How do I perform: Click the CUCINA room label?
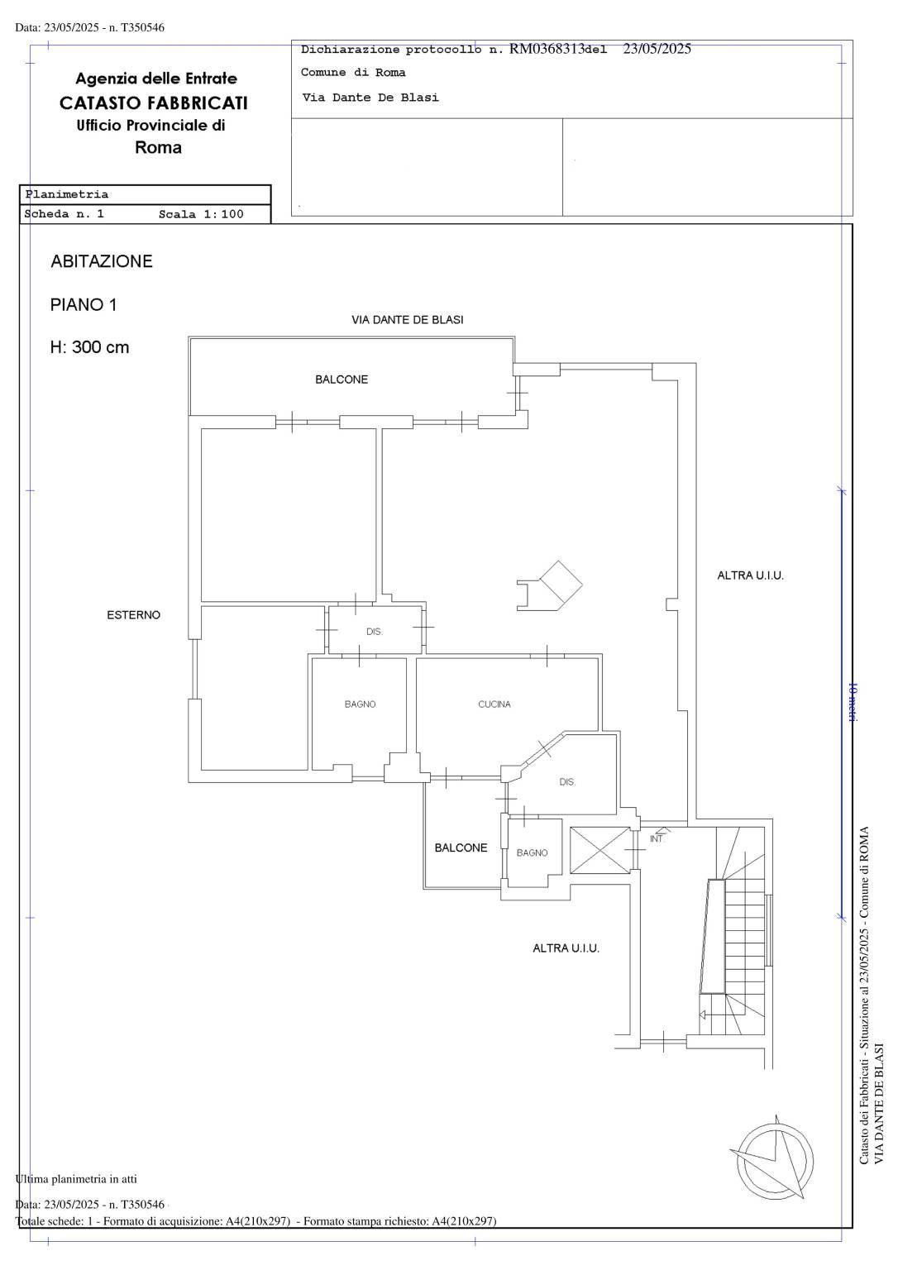click(x=494, y=704)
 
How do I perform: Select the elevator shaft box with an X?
click(x=599, y=850)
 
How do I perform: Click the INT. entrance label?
click(x=657, y=839)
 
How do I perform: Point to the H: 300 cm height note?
click(x=89, y=347)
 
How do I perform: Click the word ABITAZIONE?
click(x=102, y=261)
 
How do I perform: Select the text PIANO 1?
click(x=84, y=305)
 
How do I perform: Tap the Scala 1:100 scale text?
click(x=201, y=214)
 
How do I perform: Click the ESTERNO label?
click(x=134, y=614)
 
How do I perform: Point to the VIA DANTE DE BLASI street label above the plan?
click(x=408, y=320)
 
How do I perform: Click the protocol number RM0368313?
click(x=547, y=49)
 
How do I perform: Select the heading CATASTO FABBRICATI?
click(x=154, y=103)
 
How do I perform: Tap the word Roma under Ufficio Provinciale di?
click(x=158, y=148)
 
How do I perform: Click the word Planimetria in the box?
click(x=67, y=194)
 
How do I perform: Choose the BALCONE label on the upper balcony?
click(x=342, y=380)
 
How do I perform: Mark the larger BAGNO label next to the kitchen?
click(x=360, y=704)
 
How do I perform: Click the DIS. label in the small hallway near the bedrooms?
click(x=374, y=632)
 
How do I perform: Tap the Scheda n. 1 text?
click(x=64, y=214)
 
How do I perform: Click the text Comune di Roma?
click(x=353, y=73)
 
